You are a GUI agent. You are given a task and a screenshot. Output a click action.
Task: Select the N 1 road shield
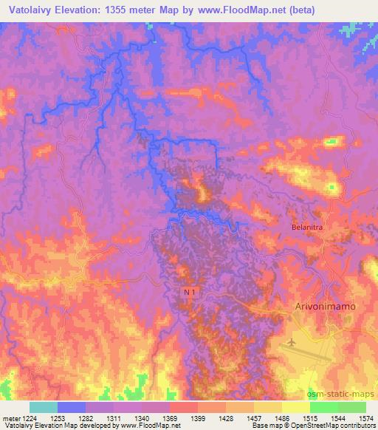190,293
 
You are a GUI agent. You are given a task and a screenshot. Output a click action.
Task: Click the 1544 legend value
337,417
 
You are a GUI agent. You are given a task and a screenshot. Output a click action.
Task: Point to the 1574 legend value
365,417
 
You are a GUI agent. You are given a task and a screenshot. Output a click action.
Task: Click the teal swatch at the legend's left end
43,407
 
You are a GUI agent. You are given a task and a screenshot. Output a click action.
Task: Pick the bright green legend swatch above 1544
323,407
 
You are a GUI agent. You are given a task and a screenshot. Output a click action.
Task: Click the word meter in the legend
10,417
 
